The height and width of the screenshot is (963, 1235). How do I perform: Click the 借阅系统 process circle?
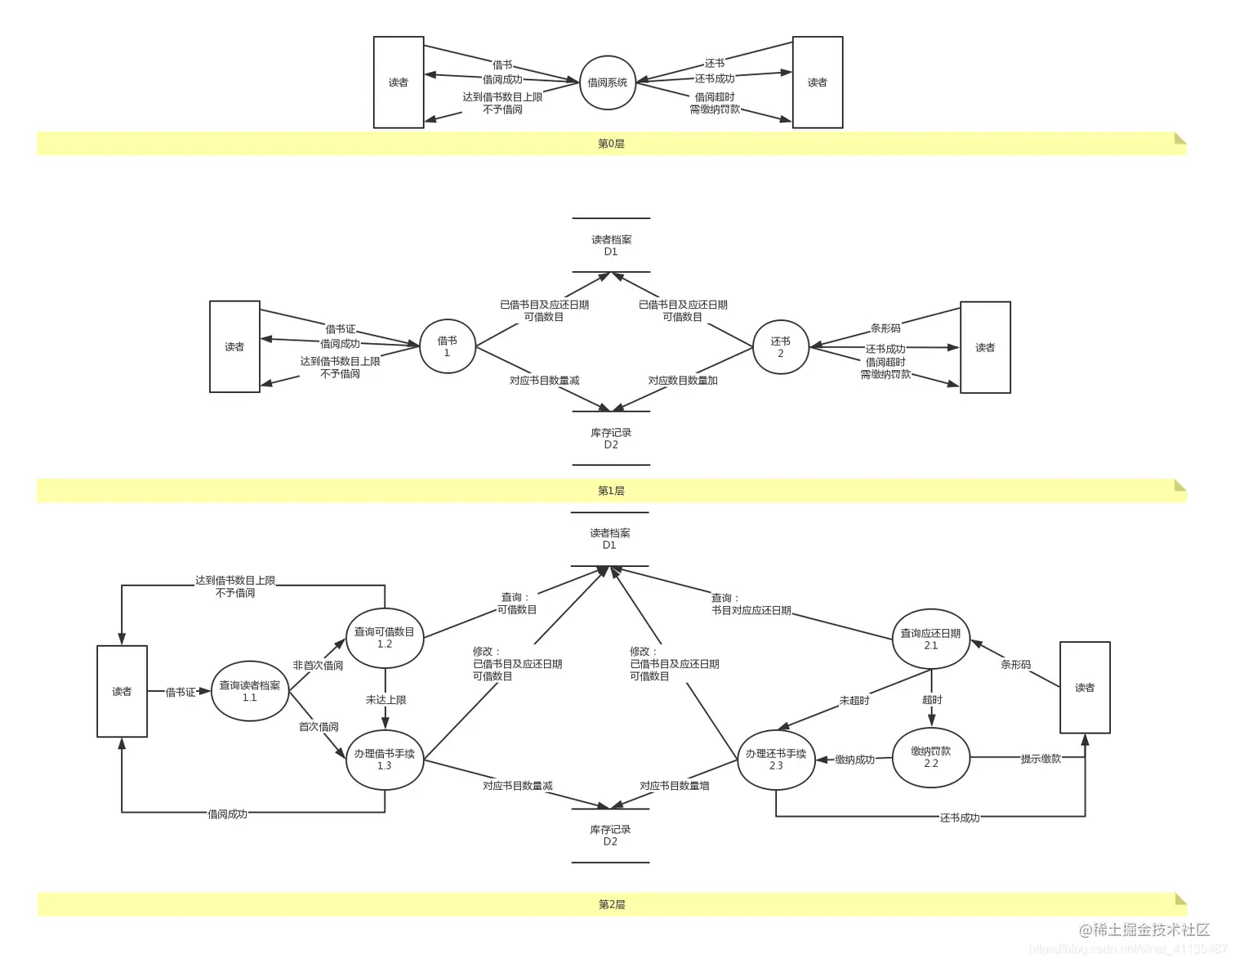608,82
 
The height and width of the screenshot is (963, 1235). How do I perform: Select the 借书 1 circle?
448,346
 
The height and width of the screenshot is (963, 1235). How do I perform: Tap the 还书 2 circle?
780,347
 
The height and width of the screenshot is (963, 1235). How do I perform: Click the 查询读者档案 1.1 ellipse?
250,691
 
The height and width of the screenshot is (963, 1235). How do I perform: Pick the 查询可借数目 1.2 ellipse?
385,637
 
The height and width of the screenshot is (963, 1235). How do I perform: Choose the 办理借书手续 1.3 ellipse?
385,760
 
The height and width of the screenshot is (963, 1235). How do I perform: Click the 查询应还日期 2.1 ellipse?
931,639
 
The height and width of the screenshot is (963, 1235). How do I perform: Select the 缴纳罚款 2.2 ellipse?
931,757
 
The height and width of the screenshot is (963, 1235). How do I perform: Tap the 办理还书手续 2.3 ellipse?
776,760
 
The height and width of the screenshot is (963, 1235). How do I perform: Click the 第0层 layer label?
611,144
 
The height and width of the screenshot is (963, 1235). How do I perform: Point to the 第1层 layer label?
611,491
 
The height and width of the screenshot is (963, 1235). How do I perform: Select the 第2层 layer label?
612,904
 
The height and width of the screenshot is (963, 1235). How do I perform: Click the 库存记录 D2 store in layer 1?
611,439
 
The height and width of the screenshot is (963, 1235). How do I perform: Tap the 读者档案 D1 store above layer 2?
609,539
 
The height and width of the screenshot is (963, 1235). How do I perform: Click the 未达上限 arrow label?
386,700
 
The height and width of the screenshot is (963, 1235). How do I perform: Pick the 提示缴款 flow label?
1041,759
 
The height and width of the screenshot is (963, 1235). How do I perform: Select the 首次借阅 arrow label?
319,726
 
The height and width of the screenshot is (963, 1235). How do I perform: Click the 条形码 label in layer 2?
1015,665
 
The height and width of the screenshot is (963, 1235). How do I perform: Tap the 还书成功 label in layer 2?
960,818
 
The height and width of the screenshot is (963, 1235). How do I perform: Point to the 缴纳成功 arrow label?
854,760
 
